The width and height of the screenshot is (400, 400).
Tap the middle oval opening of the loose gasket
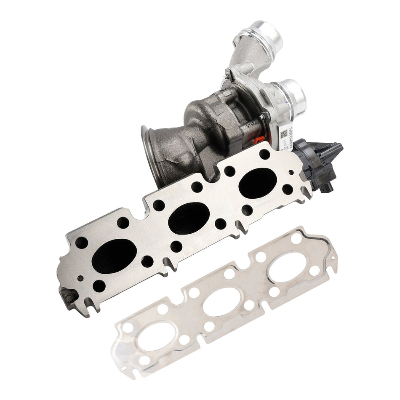pyautogui.click(x=221, y=301)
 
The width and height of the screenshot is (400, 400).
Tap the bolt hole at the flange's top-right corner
pyautogui.click(x=264, y=154)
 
